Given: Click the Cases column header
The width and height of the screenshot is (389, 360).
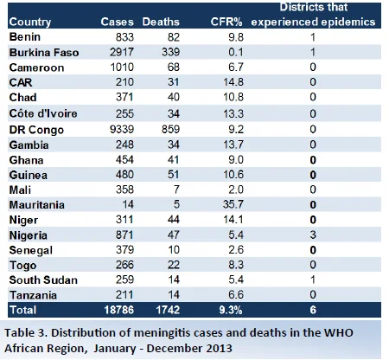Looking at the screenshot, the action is [x=118, y=22].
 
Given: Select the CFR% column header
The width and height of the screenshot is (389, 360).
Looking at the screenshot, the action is [x=226, y=22].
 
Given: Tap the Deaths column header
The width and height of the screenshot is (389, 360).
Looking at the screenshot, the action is [x=161, y=22].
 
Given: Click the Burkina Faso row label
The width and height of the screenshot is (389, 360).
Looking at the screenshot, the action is [x=44, y=53].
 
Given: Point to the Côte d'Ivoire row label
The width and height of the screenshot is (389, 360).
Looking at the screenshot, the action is [x=43, y=113].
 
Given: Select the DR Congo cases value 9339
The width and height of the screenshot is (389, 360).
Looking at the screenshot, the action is [x=122, y=129].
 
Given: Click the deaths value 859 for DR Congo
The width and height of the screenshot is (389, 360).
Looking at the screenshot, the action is [x=170, y=129].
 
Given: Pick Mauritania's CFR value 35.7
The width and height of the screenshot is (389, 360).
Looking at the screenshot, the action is [x=233, y=204].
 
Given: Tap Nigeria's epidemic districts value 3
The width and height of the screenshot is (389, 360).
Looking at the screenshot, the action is [x=313, y=235].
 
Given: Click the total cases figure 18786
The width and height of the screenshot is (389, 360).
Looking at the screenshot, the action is [x=119, y=310].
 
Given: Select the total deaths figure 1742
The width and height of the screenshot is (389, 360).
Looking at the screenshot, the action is [x=168, y=310].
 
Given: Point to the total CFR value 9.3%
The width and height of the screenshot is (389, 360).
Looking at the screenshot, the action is [x=231, y=310].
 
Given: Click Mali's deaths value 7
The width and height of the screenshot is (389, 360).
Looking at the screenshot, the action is [x=176, y=190].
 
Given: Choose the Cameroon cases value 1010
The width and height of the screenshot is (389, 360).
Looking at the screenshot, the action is [x=122, y=67].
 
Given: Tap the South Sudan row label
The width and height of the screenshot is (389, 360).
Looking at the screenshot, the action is [x=43, y=280].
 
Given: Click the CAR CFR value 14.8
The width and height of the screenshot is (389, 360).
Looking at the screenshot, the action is [x=233, y=82].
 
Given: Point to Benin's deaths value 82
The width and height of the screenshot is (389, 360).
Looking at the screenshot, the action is [x=174, y=37].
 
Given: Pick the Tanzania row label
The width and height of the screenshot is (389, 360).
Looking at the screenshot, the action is [x=33, y=295].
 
